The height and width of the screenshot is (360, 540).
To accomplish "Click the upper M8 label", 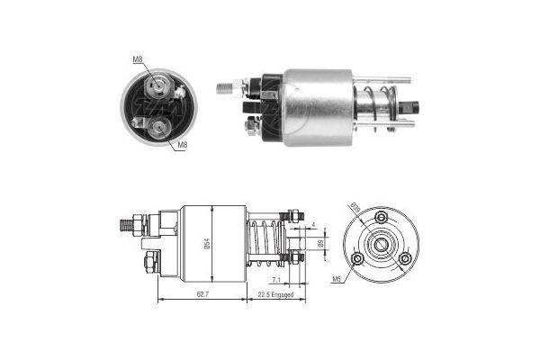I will tap(138, 60).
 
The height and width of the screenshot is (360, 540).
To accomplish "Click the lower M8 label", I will tap(182, 144).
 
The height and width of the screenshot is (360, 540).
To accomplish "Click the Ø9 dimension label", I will tap(319, 243).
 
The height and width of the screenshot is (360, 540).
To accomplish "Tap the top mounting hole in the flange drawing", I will tap(382, 217).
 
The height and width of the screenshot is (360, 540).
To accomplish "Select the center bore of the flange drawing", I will tap(382, 244).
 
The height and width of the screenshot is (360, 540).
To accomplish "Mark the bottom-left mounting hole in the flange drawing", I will tap(358, 258).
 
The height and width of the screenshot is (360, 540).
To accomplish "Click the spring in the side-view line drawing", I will tap(264, 243).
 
